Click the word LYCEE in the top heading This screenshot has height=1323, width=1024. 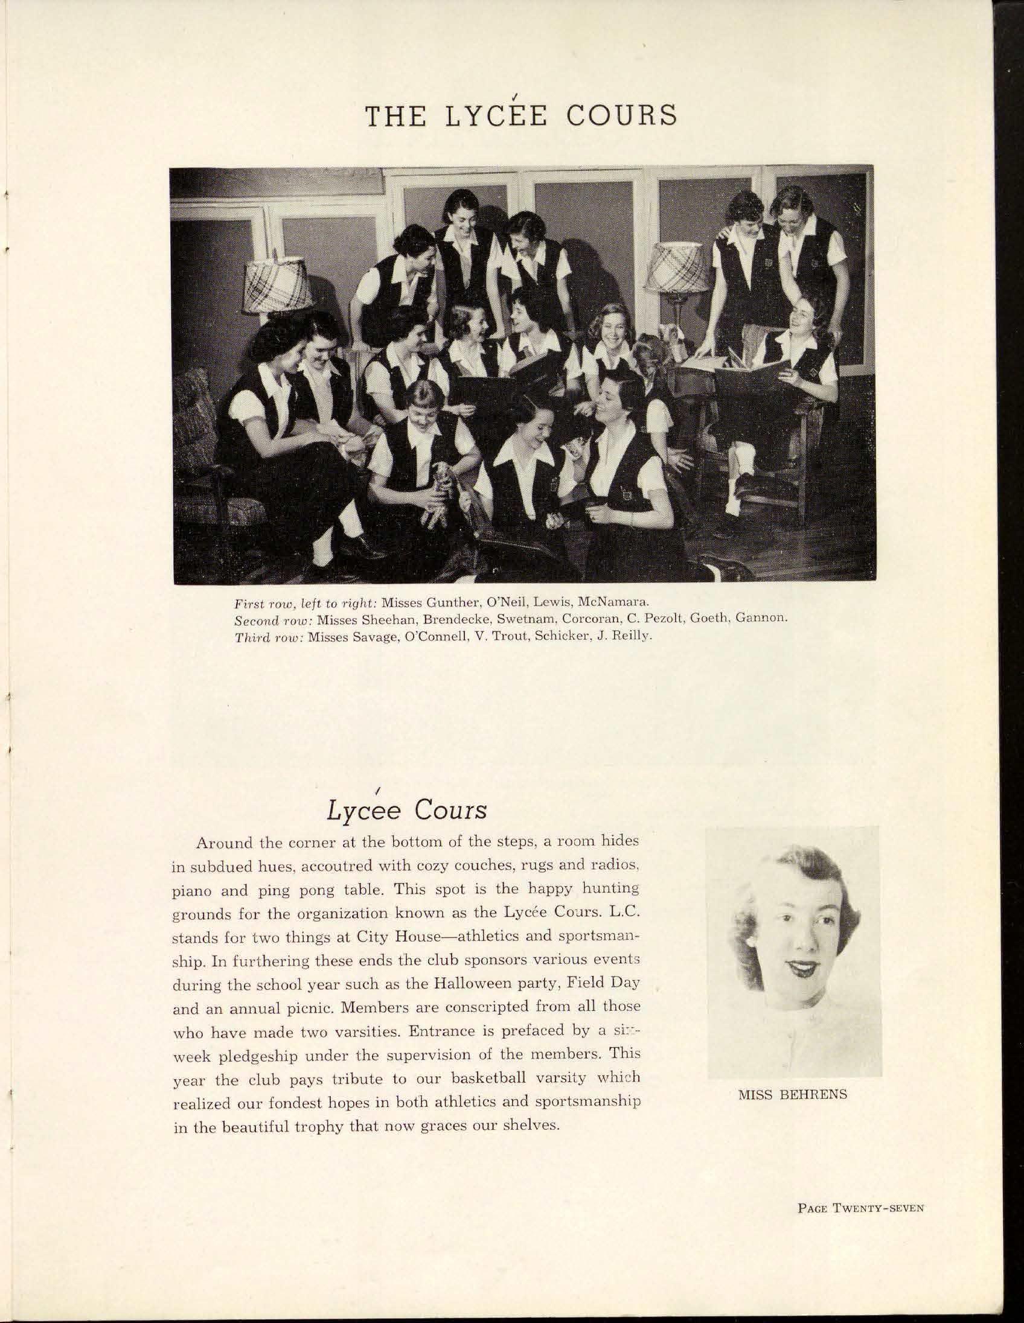[x=496, y=115]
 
